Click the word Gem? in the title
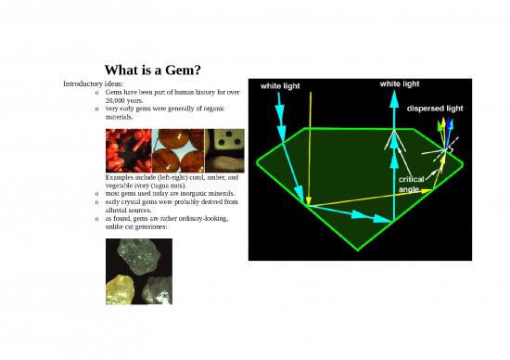185,71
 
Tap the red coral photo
129,150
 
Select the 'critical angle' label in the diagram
412,183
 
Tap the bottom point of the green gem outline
358,248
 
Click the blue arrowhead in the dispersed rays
451,123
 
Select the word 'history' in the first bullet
205,93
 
